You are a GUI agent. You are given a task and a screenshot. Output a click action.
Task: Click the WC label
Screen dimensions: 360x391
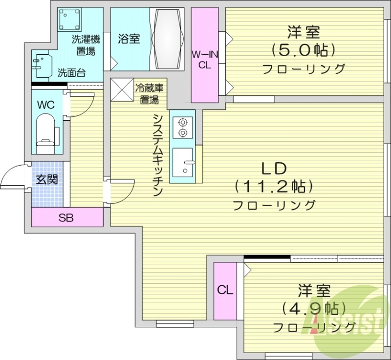pos(47,105)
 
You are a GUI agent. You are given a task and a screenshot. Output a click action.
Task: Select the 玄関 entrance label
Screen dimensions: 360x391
pos(47,179)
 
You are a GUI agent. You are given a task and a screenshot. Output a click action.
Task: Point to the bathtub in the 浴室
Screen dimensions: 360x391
pos(167,39)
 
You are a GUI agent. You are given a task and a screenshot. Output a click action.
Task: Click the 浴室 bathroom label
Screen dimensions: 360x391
pos(129,39)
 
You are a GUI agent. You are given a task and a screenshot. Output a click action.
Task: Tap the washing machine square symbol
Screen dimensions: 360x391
pos(69,20)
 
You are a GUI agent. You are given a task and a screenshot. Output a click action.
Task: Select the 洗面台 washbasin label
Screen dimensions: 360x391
pos(71,73)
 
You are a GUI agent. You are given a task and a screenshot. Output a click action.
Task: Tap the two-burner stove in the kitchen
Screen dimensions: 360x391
pos(183,127)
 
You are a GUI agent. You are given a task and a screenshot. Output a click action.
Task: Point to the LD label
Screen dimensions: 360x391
pos(274,169)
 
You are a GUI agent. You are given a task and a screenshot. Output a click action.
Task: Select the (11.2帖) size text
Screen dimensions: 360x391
pos(274,186)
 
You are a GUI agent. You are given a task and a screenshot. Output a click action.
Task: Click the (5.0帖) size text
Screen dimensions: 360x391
pos(303,50)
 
